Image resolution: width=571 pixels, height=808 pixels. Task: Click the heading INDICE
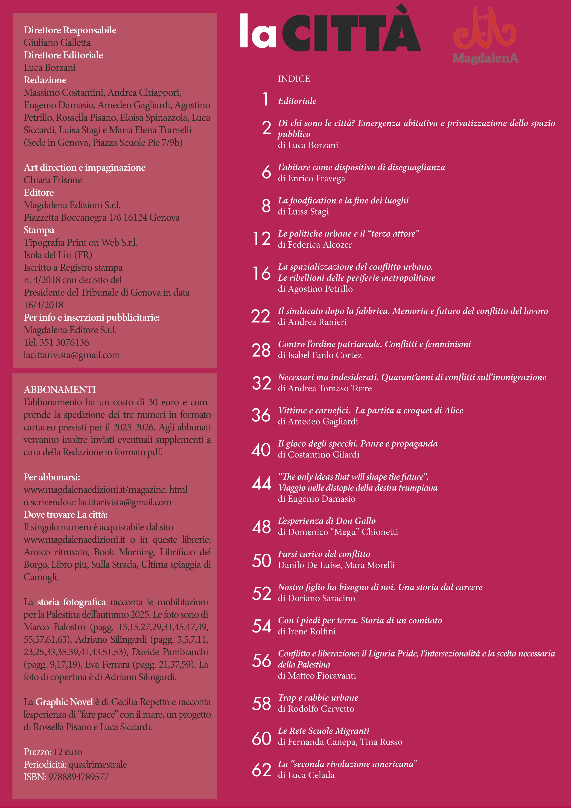(294, 79)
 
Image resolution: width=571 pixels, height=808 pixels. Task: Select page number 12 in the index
(262, 239)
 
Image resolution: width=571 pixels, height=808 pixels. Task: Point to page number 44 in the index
(261, 483)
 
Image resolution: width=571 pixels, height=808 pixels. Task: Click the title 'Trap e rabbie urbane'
(318, 697)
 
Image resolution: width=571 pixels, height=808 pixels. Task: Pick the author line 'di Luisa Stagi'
(303, 211)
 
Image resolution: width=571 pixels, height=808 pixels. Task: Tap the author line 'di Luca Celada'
(306, 775)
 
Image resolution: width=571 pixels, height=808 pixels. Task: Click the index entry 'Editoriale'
(297, 101)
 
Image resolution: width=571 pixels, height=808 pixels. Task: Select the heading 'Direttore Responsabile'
(70, 30)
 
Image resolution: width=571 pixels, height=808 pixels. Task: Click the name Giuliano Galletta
(57, 43)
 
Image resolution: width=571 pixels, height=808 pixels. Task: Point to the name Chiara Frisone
(53, 180)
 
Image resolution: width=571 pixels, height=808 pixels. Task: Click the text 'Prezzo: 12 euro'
(53, 752)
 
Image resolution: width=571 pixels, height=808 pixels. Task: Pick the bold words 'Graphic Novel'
(64, 702)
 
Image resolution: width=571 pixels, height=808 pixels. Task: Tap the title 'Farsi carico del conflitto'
(324, 554)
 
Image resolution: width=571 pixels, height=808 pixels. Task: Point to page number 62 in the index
(261, 770)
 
